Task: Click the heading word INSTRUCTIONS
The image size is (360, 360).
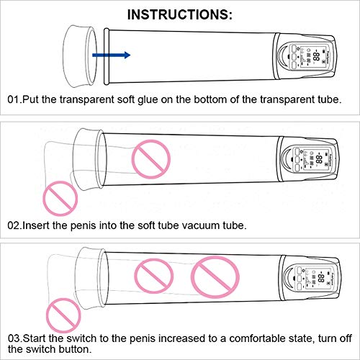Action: (x=178, y=14)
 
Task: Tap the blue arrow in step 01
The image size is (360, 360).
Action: (x=112, y=55)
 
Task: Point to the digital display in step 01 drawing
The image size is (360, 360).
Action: (x=310, y=56)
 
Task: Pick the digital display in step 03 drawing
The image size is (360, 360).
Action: (x=315, y=278)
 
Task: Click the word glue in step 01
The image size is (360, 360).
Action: (x=148, y=99)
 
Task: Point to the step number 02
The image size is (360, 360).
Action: (x=14, y=225)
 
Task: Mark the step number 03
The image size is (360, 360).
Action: (x=14, y=338)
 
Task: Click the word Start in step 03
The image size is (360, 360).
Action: (x=35, y=338)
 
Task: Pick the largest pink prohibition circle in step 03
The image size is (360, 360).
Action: (x=215, y=277)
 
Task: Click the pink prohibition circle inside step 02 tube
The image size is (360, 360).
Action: (x=151, y=159)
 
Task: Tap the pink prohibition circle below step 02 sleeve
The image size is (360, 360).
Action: (x=60, y=198)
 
